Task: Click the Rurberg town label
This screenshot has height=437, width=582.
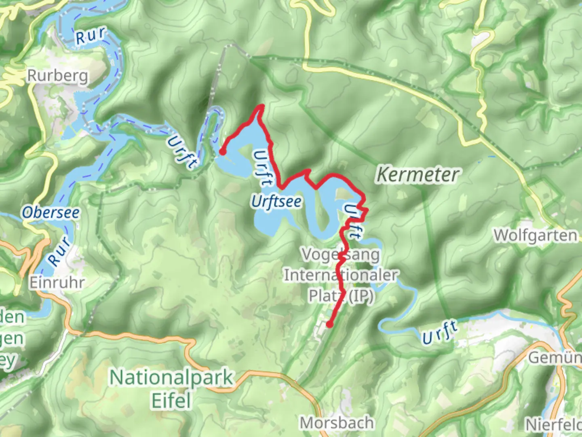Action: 57,76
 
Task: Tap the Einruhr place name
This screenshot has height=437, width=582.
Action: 57,282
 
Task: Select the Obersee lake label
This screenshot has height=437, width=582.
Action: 51,212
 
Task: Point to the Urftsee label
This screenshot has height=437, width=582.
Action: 276,201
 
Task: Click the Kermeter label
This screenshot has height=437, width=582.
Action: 418,175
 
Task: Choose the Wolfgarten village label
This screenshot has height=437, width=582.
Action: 536,235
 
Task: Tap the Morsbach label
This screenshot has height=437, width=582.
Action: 337,423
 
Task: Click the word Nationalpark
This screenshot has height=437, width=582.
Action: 172,378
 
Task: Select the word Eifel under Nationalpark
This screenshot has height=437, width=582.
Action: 171,401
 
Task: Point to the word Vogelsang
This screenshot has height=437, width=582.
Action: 341,255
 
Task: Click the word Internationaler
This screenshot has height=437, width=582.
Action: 341,275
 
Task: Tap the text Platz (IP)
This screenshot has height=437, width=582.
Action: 341,296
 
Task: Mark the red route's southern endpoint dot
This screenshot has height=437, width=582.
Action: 329,324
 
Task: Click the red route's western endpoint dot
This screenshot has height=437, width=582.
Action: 222,152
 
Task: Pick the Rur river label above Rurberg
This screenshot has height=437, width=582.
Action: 91,36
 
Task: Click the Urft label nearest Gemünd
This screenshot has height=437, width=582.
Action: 440,332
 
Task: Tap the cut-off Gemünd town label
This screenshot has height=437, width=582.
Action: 555,358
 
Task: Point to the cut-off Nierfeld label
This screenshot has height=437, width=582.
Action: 553,424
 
